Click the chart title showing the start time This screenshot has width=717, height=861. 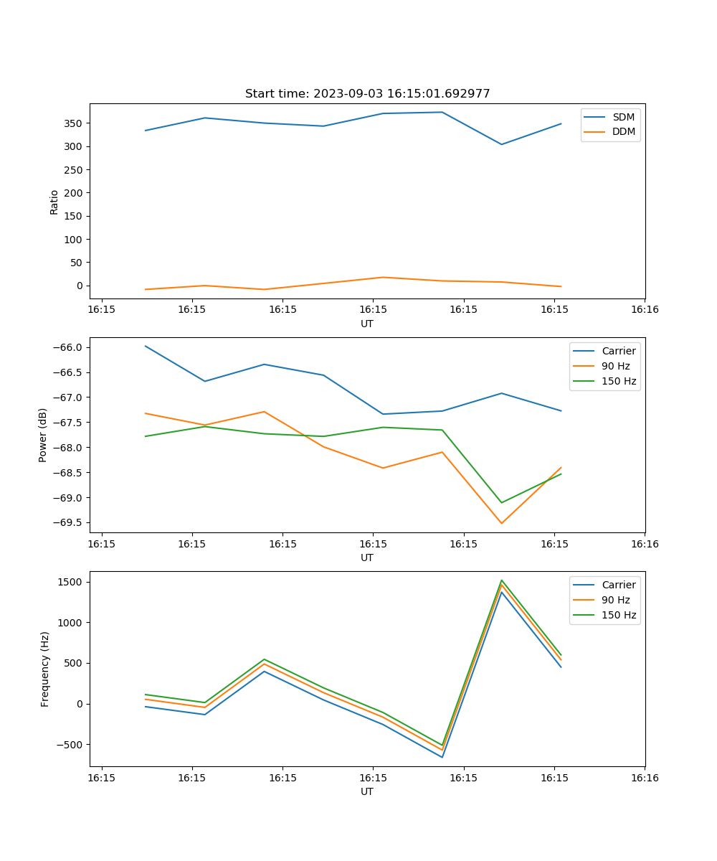click(x=367, y=94)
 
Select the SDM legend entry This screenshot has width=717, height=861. click(x=623, y=117)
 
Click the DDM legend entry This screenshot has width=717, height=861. click(x=623, y=132)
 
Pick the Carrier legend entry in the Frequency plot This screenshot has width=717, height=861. click(x=618, y=585)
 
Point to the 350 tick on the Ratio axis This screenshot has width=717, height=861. click(x=75, y=123)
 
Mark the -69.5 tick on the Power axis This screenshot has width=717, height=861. click(x=69, y=523)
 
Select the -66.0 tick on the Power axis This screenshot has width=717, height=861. click(x=69, y=347)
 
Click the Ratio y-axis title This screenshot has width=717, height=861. click(x=54, y=202)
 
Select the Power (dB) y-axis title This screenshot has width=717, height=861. click(x=43, y=435)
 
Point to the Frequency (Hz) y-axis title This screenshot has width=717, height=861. click(x=45, y=669)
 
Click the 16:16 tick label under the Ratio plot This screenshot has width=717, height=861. click(x=645, y=310)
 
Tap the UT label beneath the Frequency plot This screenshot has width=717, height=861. click(x=367, y=791)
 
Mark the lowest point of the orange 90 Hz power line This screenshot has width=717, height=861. click(x=501, y=523)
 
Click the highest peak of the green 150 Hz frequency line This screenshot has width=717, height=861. click(x=501, y=580)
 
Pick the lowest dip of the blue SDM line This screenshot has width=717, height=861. click(x=501, y=144)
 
